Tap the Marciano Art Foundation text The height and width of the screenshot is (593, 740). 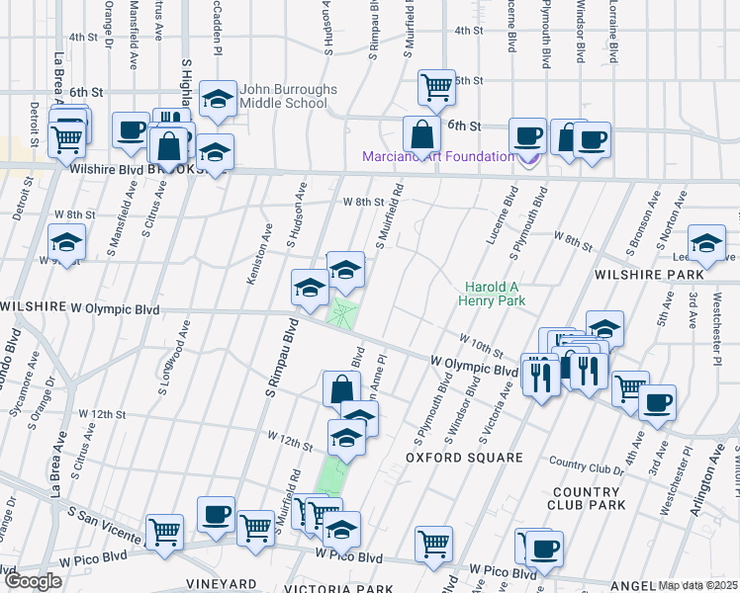pos(438,156)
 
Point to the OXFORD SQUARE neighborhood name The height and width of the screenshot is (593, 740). pos(464,458)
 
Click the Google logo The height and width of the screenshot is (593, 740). pos(33,580)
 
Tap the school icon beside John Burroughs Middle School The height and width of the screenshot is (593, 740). pos(217,99)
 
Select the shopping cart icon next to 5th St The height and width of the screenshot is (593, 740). pos(435,87)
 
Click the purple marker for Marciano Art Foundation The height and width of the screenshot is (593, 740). pos(528,157)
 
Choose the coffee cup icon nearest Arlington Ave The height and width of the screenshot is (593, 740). pos(657,402)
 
